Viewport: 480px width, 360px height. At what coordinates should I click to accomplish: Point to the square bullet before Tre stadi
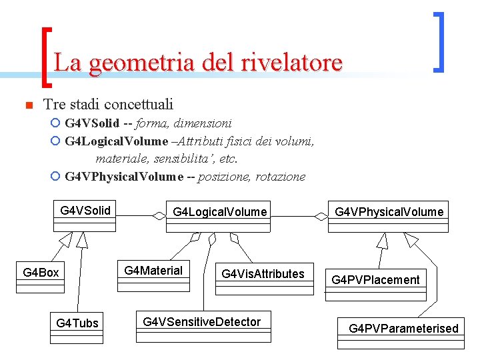point(28,105)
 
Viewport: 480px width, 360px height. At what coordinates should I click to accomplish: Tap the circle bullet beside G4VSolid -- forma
point(55,123)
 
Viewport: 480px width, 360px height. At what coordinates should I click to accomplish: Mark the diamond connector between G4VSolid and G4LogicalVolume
point(158,215)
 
